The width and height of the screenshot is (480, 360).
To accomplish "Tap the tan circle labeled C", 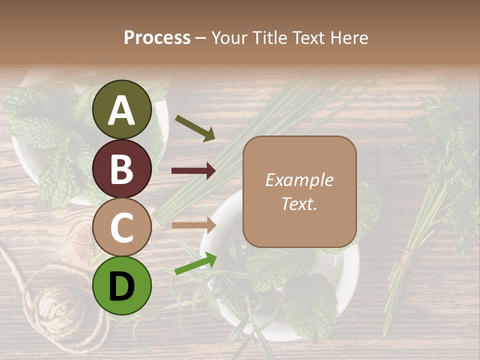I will pyautogui.click(x=122, y=227).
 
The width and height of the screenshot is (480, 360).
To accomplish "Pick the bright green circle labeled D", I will pyautogui.click(x=122, y=285).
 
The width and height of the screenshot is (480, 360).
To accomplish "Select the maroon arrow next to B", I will pyautogui.click(x=193, y=171).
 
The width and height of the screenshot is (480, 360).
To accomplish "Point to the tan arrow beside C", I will pyautogui.click(x=193, y=225).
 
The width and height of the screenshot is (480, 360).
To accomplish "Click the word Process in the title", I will pyautogui.click(x=157, y=38).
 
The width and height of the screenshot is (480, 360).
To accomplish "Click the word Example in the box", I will pyautogui.click(x=299, y=180).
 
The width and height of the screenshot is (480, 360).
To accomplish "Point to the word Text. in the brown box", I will pyautogui.click(x=299, y=204).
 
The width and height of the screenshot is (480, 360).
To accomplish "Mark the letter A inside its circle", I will pyautogui.click(x=122, y=111).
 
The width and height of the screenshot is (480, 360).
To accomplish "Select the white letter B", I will pyautogui.click(x=122, y=169).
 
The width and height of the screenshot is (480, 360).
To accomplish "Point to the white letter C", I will pyautogui.click(x=122, y=228).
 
